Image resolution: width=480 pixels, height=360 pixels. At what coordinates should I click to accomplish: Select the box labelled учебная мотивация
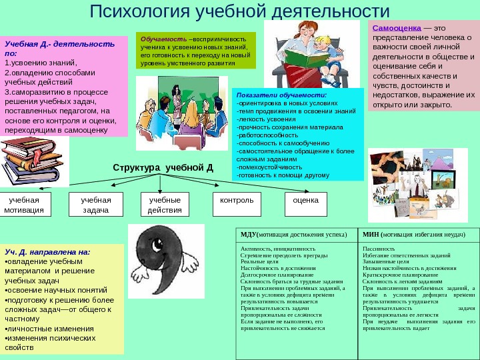24,205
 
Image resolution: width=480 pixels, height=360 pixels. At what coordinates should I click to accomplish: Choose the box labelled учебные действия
165,205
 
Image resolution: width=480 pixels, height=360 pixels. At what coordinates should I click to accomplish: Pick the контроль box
237,201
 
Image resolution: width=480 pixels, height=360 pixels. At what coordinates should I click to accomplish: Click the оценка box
306,200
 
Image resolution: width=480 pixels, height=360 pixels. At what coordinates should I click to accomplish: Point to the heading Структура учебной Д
163,167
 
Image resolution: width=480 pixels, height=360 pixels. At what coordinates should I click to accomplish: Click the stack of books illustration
23,164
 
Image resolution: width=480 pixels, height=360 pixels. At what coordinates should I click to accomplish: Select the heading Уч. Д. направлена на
47,252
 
